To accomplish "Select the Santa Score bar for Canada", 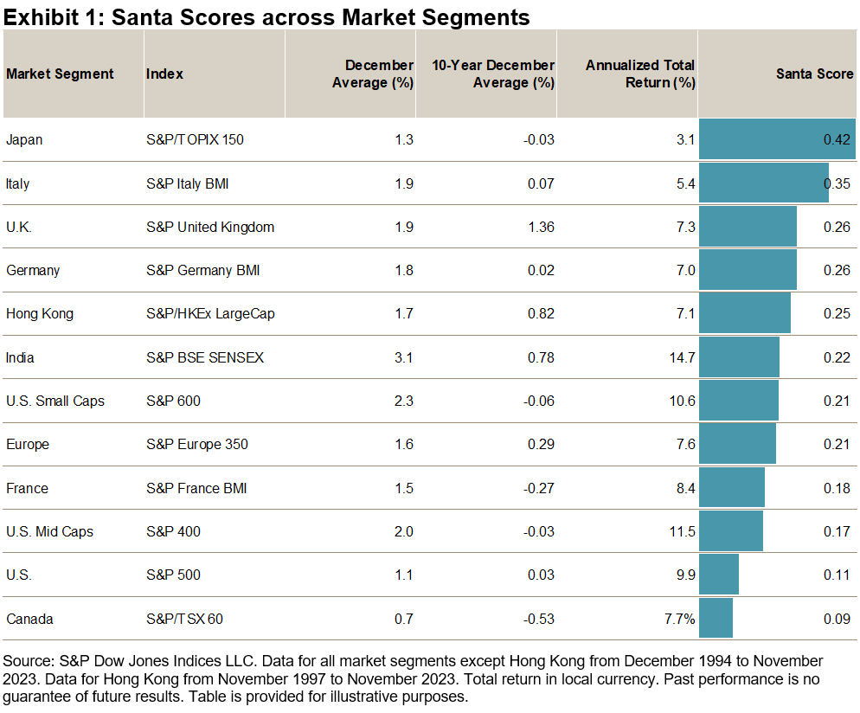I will [716, 619].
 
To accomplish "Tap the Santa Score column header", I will [815, 74].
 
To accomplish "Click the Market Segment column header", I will [60, 74].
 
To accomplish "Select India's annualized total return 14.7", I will [681, 357].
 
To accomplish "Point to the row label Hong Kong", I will [40, 313].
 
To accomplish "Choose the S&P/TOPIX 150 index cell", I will [195, 139].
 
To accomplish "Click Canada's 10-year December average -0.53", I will [537, 619].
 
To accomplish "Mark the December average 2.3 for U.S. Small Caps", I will [403, 401].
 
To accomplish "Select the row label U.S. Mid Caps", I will [49, 531].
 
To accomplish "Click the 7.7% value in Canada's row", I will [679, 619].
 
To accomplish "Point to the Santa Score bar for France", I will [732, 488].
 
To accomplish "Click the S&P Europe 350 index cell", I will [197, 444].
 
